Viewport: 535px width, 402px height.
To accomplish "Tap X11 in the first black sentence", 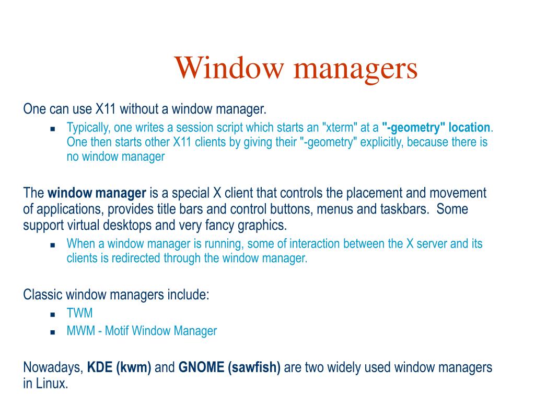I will tap(106, 109).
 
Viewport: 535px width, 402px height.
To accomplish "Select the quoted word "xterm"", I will tap(339, 128).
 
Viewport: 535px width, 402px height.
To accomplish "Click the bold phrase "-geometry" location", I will tap(436, 128).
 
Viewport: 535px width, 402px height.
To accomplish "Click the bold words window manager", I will tap(97, 193).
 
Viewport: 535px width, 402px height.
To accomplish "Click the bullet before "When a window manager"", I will tap(53, 244).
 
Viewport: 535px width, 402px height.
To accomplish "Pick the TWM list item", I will tap(79, 314).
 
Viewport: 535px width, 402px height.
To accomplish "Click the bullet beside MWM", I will tap(53, 332).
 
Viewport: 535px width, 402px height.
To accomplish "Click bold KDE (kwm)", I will tap(119, 367).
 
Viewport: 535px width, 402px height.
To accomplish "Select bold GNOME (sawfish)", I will tap(229, 367).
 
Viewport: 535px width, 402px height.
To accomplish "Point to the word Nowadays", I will tap(53, 368).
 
